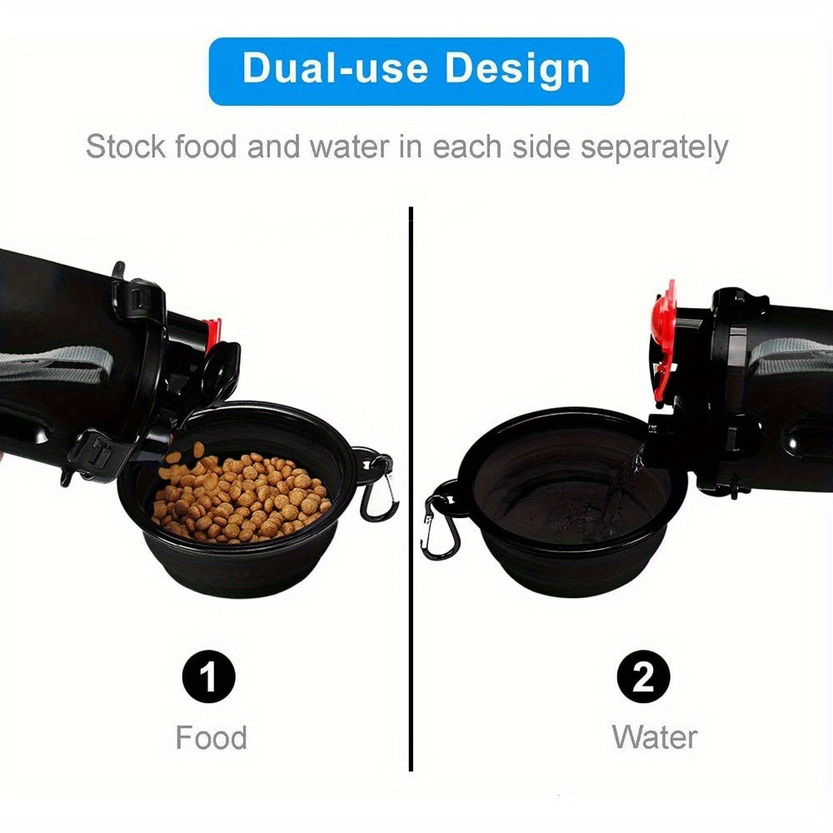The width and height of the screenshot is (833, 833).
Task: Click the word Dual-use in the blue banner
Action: [x=335, y=68]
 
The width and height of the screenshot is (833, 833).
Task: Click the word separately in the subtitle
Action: [x=653, y=147]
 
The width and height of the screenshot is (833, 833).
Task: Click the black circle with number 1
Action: [x=209, y=676]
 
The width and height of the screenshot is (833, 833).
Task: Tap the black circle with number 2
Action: [x=643, y=676]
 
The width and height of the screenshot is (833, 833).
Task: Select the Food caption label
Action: [x=212, y=737]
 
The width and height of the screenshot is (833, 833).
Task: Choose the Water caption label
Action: [x=655, y=737]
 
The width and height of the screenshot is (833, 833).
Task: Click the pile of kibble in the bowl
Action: [x=242, y=499]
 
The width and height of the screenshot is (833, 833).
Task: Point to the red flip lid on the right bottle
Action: [x=664, y=340]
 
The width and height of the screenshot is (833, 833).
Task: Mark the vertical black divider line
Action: [x=411, y=489]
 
